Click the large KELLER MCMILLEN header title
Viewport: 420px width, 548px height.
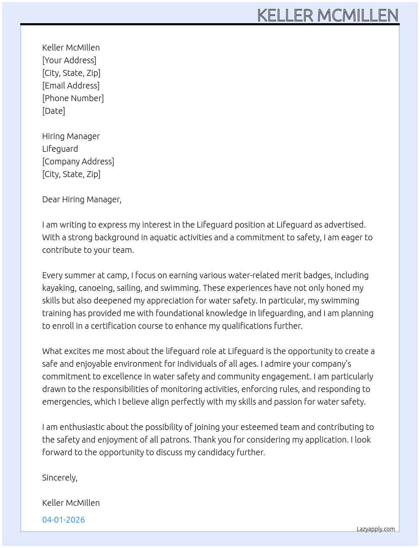click(328, 15)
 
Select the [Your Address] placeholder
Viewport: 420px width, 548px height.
click(69, 60)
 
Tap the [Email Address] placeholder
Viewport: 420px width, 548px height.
click(71, 86)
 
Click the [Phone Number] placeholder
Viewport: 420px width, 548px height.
click(73, 98)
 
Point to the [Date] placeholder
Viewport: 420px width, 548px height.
click(54, 111)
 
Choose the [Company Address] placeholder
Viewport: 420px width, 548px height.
click(78, 161)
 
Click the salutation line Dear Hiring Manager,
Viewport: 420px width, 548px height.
click(82, 199)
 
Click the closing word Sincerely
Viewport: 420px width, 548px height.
click(59, 478)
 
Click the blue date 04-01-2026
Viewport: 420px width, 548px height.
click(63, 520)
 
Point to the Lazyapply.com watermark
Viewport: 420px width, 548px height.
click(376, 529)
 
